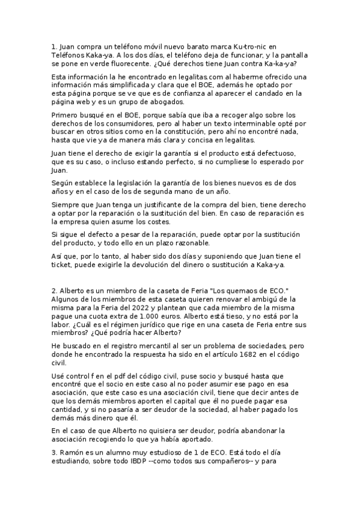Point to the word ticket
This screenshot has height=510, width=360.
65,265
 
